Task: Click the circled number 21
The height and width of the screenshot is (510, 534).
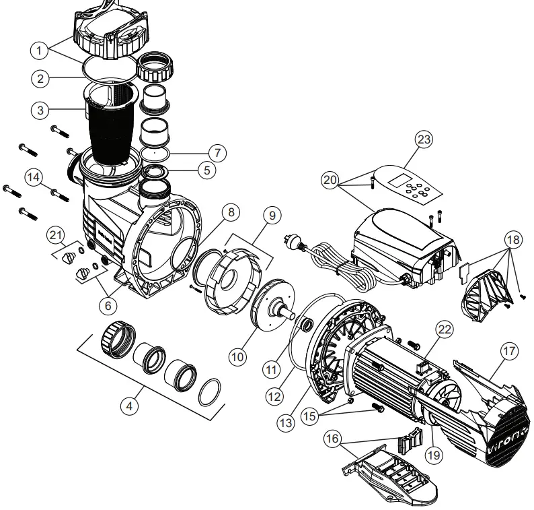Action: coord(56,234)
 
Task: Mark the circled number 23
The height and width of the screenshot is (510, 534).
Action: coord(424,140)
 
